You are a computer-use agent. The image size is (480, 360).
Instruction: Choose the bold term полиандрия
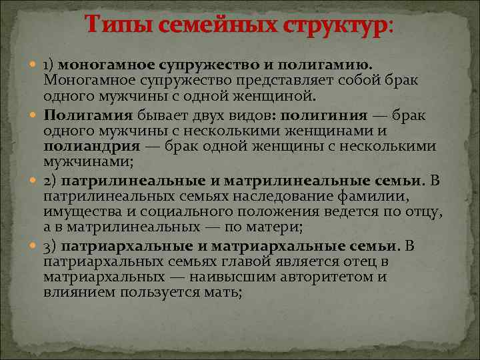91,145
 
